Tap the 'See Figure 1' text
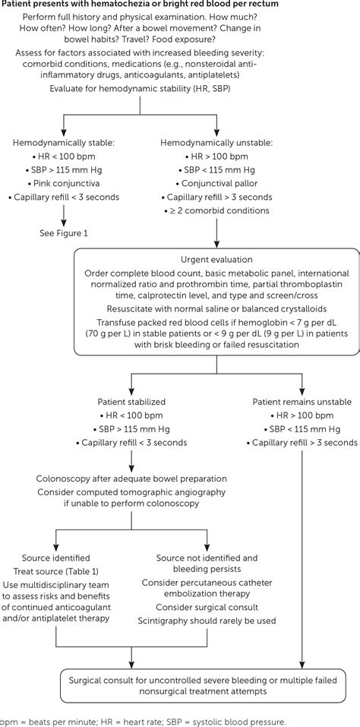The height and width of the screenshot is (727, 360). [64, 232]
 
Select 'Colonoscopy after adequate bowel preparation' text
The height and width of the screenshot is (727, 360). [132, 479]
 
